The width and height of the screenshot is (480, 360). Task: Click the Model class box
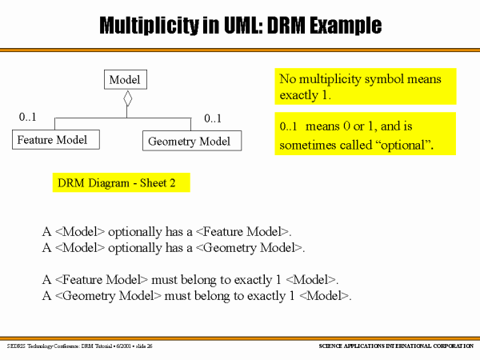click(x=125, y=80)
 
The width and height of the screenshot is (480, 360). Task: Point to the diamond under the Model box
click(x=126, y=99)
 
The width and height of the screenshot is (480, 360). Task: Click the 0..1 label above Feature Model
click(x=28, y=118)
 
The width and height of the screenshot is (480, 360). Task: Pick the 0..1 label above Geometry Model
click(x=213, y=119)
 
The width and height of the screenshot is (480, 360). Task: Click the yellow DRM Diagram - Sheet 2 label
click(x=121, y=183)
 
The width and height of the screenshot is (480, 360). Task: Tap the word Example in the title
click(x=344, y=26)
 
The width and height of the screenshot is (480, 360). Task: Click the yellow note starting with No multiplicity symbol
click(x=365, y=87)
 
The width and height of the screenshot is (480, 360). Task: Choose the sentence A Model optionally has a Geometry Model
click(x=174, y=248)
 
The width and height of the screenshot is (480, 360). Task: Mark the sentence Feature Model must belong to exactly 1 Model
click(x=190, y=280)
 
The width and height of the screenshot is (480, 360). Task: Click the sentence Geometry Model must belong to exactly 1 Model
click(x=197, y=296)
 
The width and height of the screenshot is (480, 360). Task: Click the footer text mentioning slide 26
click(x=79, y=346)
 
